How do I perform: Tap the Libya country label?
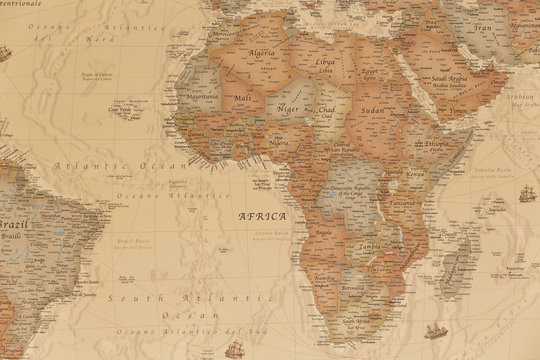[325, 62]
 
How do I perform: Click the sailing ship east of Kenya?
[526, 192]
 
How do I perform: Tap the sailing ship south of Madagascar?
[435, 330]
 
